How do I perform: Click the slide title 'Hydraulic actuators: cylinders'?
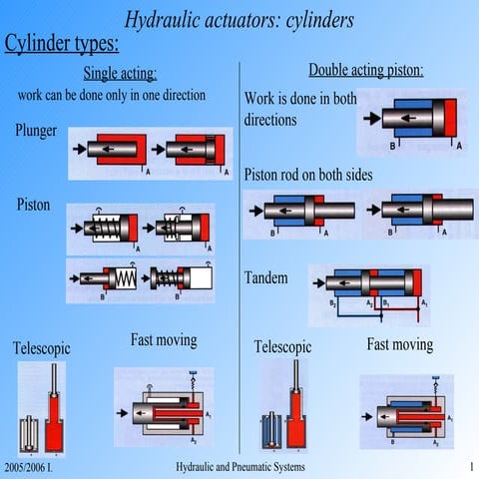tap(239, 19)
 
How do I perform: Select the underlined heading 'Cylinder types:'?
tap(62, 44)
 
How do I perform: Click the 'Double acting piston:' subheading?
tap(365, 70)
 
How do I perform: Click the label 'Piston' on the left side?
tap(33, 205)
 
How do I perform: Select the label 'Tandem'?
tap(266, 277)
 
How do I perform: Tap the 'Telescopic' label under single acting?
tap(41, 348)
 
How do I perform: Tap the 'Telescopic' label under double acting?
tap(282, 347)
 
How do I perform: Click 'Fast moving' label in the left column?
tap(164, 340)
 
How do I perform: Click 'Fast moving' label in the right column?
tap(399, 344)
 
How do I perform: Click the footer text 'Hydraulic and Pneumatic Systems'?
tap(239, 468)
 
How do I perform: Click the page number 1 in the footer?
tap(469, 468)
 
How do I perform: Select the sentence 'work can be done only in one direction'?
tap(112, 95)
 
